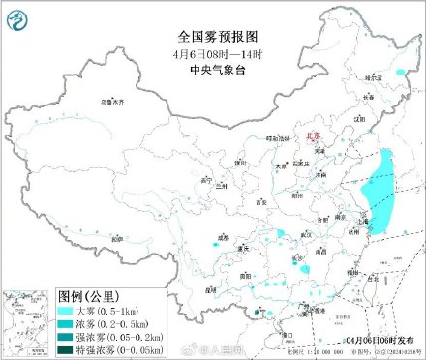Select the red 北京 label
coord(311,138)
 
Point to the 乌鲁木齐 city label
coord(114,101)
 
